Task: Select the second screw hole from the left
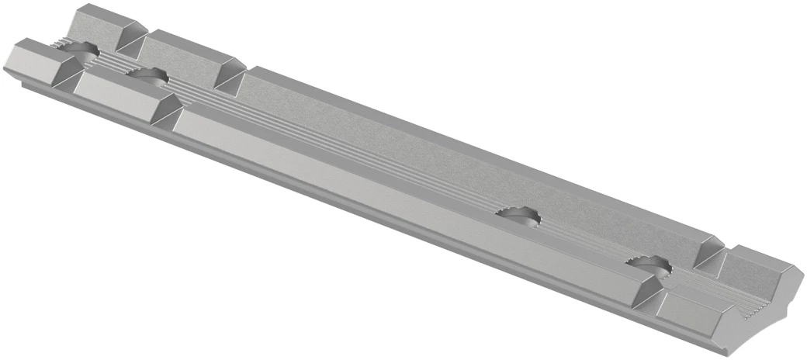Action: click(x=150, y=76)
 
